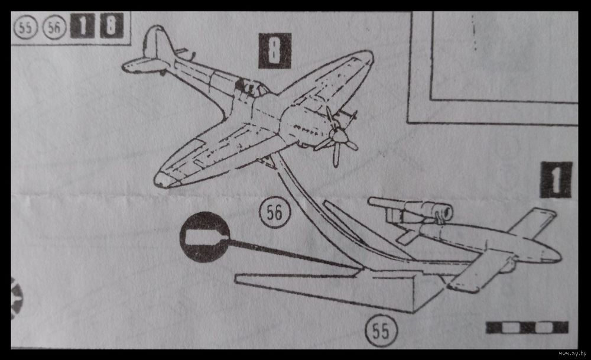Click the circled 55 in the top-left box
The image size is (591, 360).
(25, 27)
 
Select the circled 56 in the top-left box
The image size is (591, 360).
(54, 27)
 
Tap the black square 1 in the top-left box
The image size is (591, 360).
(83, 25)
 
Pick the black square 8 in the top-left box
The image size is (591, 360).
(112, 25)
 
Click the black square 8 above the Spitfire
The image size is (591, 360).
(275, 50)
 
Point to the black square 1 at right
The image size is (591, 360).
(556, 180)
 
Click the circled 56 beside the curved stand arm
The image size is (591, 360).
(275, 212)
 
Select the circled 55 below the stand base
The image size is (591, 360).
(381, 330)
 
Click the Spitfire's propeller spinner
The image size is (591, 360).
(340, 135)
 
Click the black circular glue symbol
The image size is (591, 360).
(204, 236)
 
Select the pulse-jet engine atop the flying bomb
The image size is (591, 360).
(411, 209)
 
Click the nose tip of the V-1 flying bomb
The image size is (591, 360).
(561, 258)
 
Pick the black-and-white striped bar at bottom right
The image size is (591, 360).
(527, 327)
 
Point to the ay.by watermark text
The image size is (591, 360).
(572, 353)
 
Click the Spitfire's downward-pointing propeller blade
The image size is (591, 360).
(336, 155)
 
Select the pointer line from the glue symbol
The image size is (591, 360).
(294, 254)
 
